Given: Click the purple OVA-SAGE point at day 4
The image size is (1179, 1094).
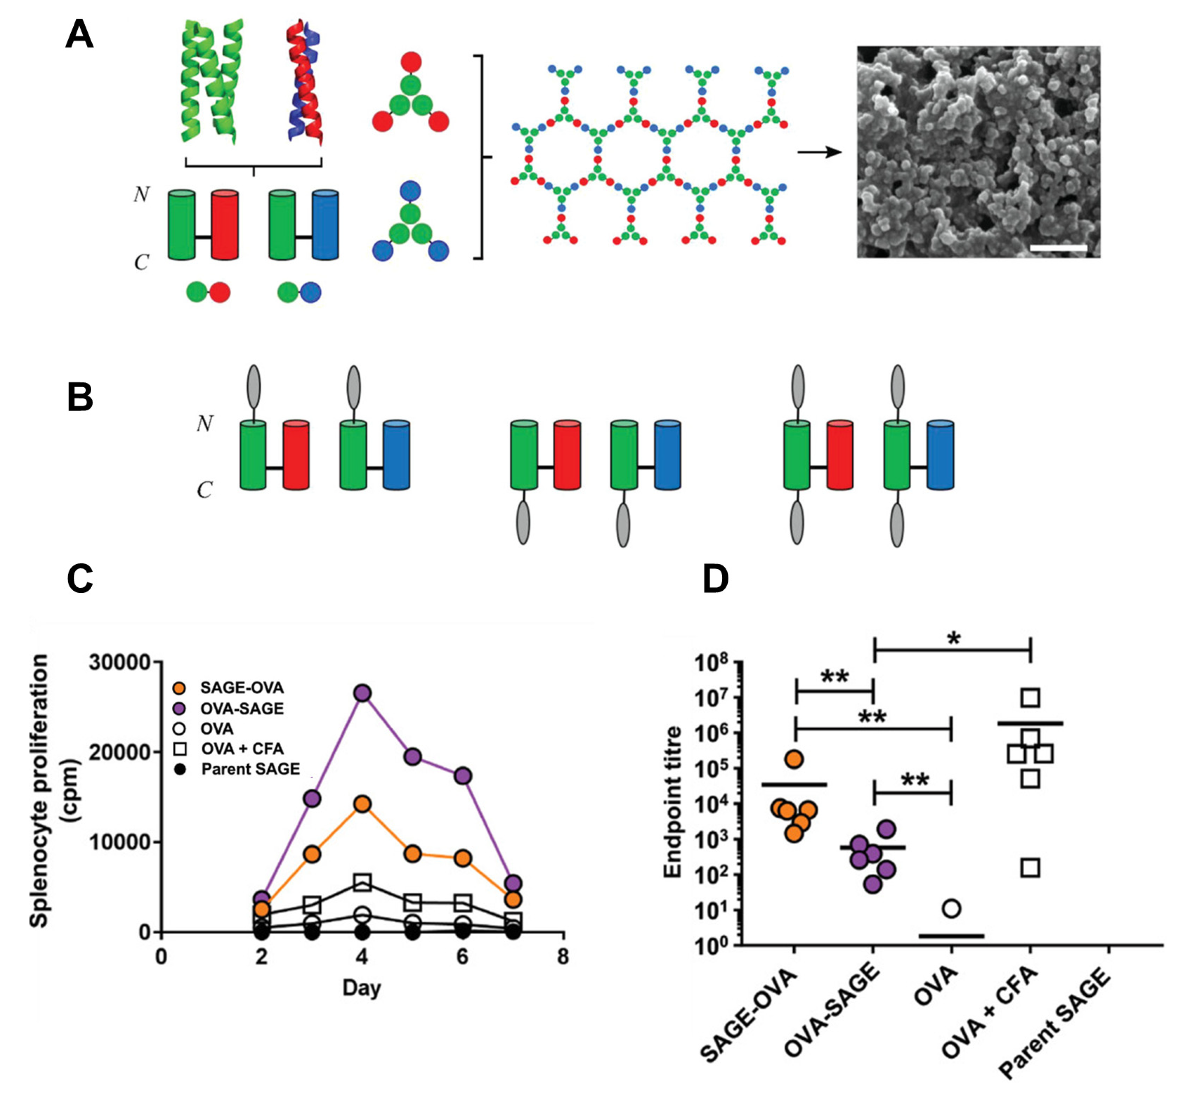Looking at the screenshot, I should (x=363, y=693).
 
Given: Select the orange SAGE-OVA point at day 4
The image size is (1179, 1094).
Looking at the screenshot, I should (x=363, y=804).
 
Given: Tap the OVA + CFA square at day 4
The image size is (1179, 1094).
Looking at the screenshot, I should (x=363, y=883).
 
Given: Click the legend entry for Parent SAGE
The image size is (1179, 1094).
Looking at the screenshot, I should (x=250, y=769).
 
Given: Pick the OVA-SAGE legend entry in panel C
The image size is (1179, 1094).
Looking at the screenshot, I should (x=242, y=708).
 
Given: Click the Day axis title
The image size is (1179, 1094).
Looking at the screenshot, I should (x=361, y=987).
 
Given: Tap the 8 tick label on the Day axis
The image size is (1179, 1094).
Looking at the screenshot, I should (x=563, y=956).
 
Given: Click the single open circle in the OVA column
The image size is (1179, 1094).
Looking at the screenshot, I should (x=951, y=909).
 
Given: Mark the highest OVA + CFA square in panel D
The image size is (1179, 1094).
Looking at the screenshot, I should (x=1030, y=698).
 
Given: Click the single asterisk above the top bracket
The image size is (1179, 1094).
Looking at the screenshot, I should (x=954, y=639).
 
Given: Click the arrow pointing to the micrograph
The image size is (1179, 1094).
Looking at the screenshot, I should (x=819, y=152).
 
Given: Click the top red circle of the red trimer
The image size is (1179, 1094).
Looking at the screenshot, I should (x=411, y=62).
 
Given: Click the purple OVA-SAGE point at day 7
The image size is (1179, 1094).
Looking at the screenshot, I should (x=513, y=883).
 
